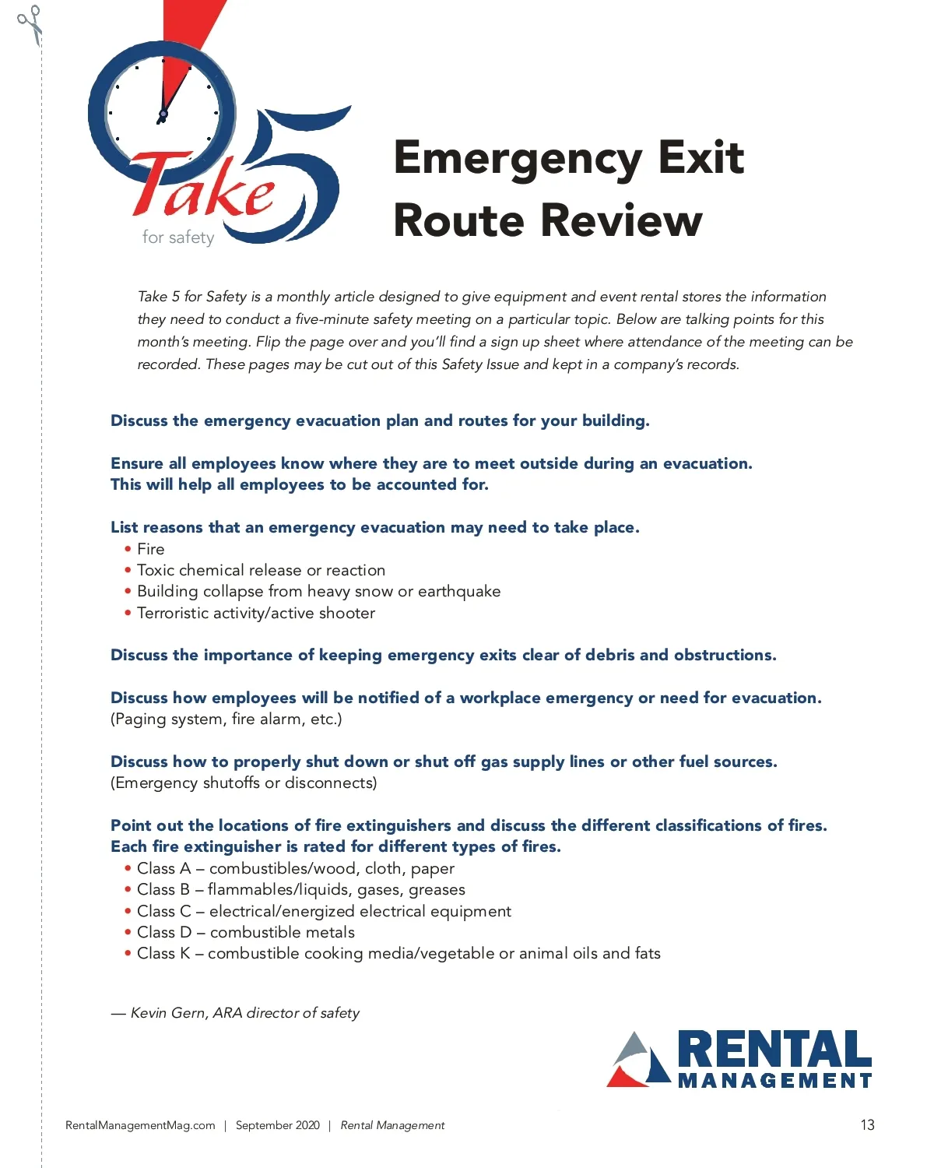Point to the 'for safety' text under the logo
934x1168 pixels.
177,237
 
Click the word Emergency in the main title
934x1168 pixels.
517,159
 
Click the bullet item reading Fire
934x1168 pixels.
150,549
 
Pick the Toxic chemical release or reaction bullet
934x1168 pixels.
261,570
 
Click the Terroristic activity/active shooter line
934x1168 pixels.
255,613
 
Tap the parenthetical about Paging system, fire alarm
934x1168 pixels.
226,719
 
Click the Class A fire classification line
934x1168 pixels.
295,868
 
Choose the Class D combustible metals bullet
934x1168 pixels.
245,932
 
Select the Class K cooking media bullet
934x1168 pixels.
398,953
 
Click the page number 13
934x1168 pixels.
867,1125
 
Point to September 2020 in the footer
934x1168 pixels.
277,1125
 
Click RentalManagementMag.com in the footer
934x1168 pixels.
140,1125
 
